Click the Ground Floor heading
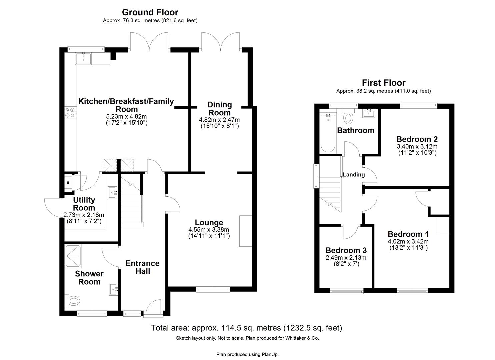coord(150,12)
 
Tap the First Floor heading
coord(383,83)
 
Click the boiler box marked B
coord(68,182)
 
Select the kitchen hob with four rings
coord(70,112)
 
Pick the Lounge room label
coord(209,223)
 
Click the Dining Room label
coord(219,109)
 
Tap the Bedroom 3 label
coord(346,250)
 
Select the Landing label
coord(354,175)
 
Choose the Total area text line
coord(246,328)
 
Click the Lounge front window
coord(213,289)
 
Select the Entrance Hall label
coord(142,267)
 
